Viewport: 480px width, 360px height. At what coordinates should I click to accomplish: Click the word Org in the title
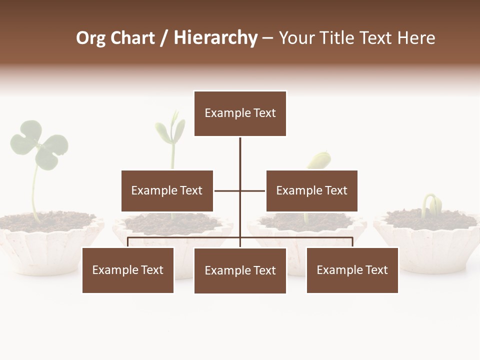(90, 38)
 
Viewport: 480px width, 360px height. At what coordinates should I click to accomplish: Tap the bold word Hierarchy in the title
(215, 38)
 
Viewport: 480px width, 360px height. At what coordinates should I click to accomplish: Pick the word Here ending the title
(416, 38)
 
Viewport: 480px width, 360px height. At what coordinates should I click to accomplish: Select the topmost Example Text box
(240, 113)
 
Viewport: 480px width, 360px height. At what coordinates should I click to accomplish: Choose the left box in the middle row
(167, 190)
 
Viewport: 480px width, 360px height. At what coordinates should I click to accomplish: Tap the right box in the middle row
(311, 190)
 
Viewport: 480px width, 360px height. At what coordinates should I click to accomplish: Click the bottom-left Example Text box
(128, 270)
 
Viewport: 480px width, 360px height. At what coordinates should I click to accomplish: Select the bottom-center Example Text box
(240, 270)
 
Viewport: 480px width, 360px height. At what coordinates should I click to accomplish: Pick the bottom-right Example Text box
(352, 270)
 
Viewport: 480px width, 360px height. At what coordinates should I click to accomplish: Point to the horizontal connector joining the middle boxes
(228, 190)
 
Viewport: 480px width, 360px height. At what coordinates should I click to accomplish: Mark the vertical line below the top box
(240, 155)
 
